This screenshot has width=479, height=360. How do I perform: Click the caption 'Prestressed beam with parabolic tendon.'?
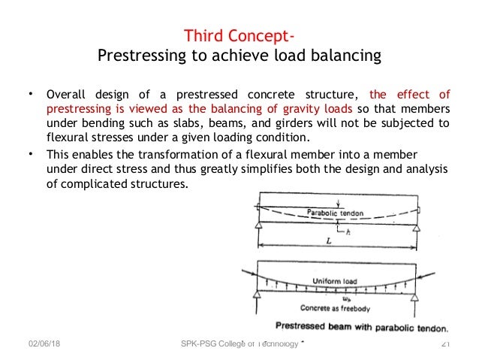pyautogui.click(x=362, y=328)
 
